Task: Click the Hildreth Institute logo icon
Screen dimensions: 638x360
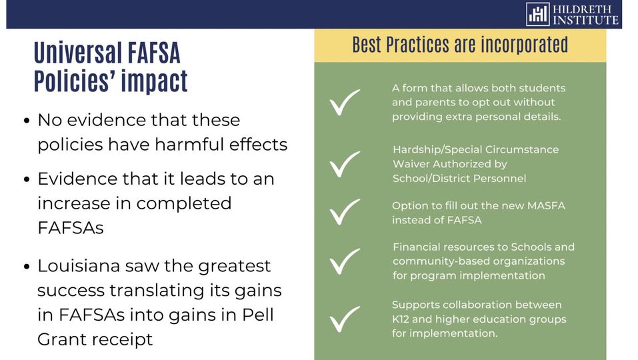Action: [x=537, y=14]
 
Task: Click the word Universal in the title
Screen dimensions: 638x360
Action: [x=78, y=53]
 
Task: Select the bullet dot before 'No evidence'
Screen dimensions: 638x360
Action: [x=27, y=121]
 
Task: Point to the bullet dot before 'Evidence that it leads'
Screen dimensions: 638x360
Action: [x=27, y=179]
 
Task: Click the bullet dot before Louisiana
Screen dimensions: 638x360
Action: [x=27, y=267]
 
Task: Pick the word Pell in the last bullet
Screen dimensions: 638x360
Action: [x=258, y=315]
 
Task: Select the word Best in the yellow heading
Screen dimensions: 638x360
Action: [x=367, y=45]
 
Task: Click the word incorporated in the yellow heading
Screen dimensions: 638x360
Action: [x=525, y=45]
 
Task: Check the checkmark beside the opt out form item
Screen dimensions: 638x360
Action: [x=345, y=102]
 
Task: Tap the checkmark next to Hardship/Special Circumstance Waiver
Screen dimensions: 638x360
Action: [x=345, y=164]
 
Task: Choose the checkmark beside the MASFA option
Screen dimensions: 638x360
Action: [x=345, y=212]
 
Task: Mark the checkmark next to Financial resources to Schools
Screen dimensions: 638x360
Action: [x=345, y=261]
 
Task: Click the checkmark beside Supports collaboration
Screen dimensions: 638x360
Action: [x=345, y=319]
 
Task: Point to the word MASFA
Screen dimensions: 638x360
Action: [x=546, y=205]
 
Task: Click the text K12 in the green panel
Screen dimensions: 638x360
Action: [x=401, y=319]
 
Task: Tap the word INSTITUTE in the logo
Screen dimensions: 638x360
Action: [x=585, y=20]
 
